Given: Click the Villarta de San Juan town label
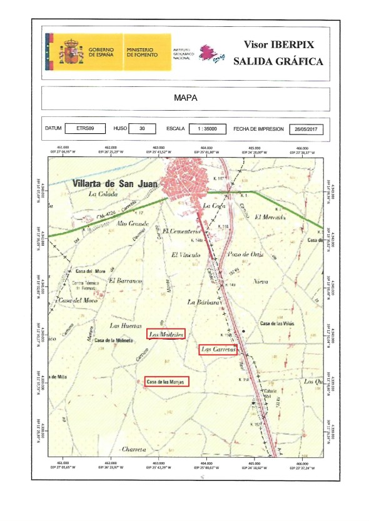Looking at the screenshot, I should point(115,184).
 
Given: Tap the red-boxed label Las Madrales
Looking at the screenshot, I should point(166,334).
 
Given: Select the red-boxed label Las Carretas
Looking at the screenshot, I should point(217,350).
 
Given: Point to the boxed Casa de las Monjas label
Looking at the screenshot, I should point(166,381).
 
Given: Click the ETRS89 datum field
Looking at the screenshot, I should point(86,128).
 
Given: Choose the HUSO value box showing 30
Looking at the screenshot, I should point(143,128).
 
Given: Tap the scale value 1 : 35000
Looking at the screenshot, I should point(206,128).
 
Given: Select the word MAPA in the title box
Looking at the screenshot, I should point(184,99).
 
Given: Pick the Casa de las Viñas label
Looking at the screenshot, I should point(277,323).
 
